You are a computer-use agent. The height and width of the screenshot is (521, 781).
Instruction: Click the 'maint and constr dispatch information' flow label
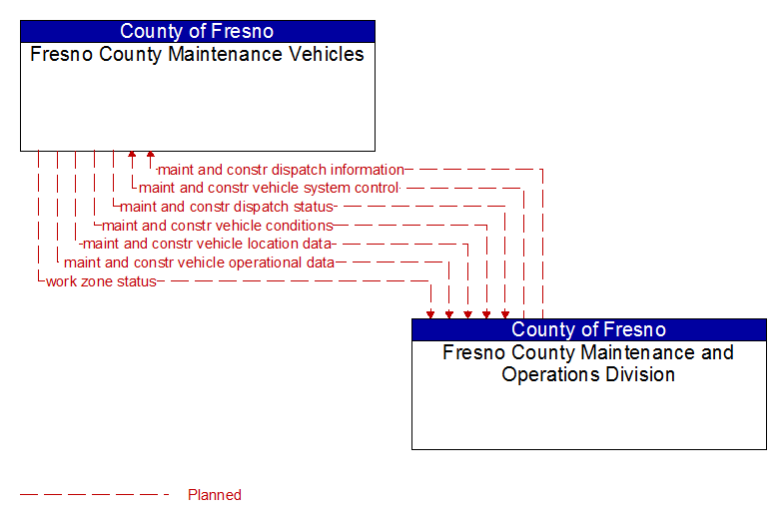281,170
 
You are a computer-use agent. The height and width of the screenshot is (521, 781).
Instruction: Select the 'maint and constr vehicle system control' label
269,188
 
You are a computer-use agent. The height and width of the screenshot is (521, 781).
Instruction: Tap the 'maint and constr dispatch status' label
226,207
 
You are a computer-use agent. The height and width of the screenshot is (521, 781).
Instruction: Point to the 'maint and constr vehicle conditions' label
218,226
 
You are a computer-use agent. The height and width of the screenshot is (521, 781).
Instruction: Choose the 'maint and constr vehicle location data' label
207,244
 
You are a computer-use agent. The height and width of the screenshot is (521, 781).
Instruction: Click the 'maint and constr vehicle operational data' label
199,262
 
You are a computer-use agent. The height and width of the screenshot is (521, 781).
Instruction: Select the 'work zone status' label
101,281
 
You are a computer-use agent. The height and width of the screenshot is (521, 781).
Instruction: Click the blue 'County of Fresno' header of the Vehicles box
198,31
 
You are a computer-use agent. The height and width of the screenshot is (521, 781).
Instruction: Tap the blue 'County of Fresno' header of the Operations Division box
589,329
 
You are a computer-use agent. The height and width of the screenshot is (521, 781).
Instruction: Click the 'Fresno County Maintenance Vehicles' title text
198,54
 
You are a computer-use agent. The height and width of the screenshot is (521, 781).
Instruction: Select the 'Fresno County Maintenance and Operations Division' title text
589,363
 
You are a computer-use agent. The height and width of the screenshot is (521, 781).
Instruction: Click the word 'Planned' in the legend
215,495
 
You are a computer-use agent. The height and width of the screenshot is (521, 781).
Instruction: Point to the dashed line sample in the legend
95,495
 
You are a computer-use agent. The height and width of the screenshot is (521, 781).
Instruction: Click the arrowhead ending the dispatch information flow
151,156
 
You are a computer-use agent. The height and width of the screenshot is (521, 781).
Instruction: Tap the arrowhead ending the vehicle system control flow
132,156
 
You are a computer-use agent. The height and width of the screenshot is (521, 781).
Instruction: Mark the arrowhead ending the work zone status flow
430,313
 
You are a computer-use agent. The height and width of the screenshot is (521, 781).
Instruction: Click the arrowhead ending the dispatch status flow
505,313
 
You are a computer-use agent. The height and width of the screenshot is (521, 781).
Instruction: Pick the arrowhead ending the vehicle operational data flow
449,313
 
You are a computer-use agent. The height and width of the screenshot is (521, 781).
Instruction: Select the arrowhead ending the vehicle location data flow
467,313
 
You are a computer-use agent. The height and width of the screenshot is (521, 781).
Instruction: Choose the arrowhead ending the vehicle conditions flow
486,313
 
